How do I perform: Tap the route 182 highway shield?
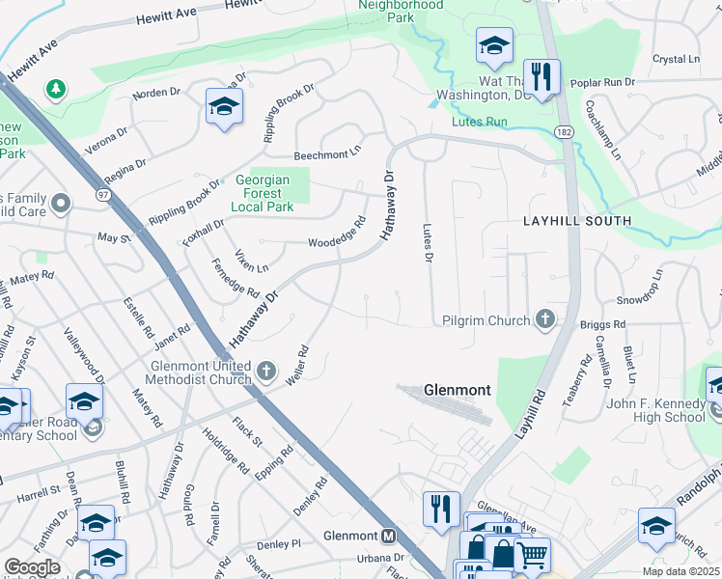pos(563,130)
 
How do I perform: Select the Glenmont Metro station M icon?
pos(389,537)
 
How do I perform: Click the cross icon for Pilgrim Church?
pos(546,319)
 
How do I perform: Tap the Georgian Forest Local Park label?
pos(272,191)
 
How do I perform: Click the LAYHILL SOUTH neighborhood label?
pos(577,221)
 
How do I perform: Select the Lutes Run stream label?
pos(480,123)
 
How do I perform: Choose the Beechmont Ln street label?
pos(327,154)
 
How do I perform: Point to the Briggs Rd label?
pos(603,324)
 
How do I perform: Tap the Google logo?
pos(32,567)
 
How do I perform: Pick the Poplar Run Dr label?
pos(602,83)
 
